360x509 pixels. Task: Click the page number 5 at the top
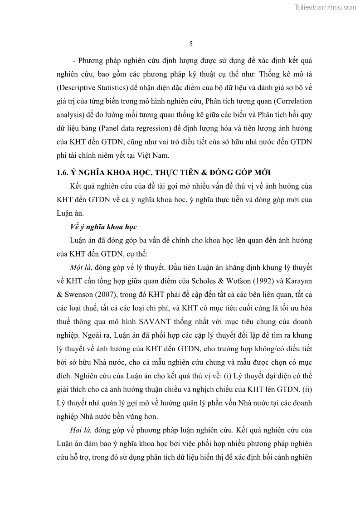coord(191,44)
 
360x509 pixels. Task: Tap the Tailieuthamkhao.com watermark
coord(325,7)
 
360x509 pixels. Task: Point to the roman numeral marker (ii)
coord(307,388)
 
